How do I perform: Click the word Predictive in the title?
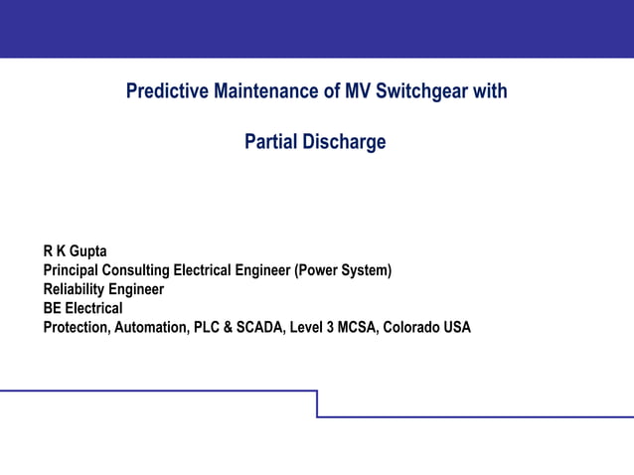tap(162, 92)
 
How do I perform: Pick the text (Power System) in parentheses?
tap(344, 270)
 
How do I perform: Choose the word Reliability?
tap(73, 289)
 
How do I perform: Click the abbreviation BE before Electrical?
tap(52, 308)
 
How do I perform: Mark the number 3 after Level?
tap(329, 327)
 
